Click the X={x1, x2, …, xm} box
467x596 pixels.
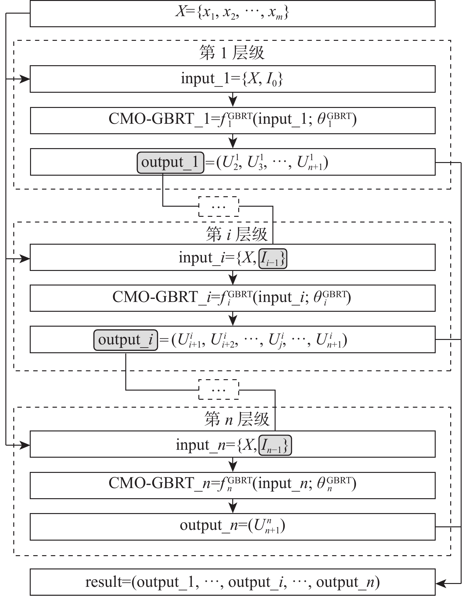coord(233,13)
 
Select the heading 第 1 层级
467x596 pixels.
coord(232,53)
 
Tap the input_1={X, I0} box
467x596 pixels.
coord(233,79)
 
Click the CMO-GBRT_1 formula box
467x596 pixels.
coord(233,120)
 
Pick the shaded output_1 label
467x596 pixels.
coord(170,162)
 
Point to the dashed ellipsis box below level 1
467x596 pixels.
coord(219,207)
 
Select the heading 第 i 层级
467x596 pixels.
coord(237,235)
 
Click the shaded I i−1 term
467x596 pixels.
coord(273,259)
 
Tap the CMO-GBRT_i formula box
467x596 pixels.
coord(233,298)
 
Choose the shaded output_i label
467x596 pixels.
coord(126,340)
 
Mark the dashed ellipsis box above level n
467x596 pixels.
coord(219,390)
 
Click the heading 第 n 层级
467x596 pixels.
coord(237,419)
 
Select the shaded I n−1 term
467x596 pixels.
coord(275,446)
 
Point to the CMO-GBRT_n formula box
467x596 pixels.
coord(233,485)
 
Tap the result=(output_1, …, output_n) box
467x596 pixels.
coord(233,582)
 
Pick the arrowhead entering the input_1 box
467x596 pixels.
coord(25,79)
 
